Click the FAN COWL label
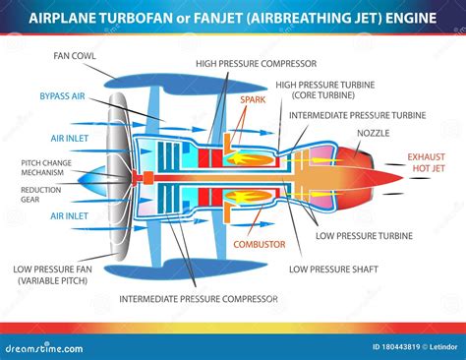click(x=75, y=55)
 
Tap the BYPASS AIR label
click(x=62, y=96)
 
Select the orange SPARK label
click(x=253, y=98)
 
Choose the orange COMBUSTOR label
click(x=260, y=242)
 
